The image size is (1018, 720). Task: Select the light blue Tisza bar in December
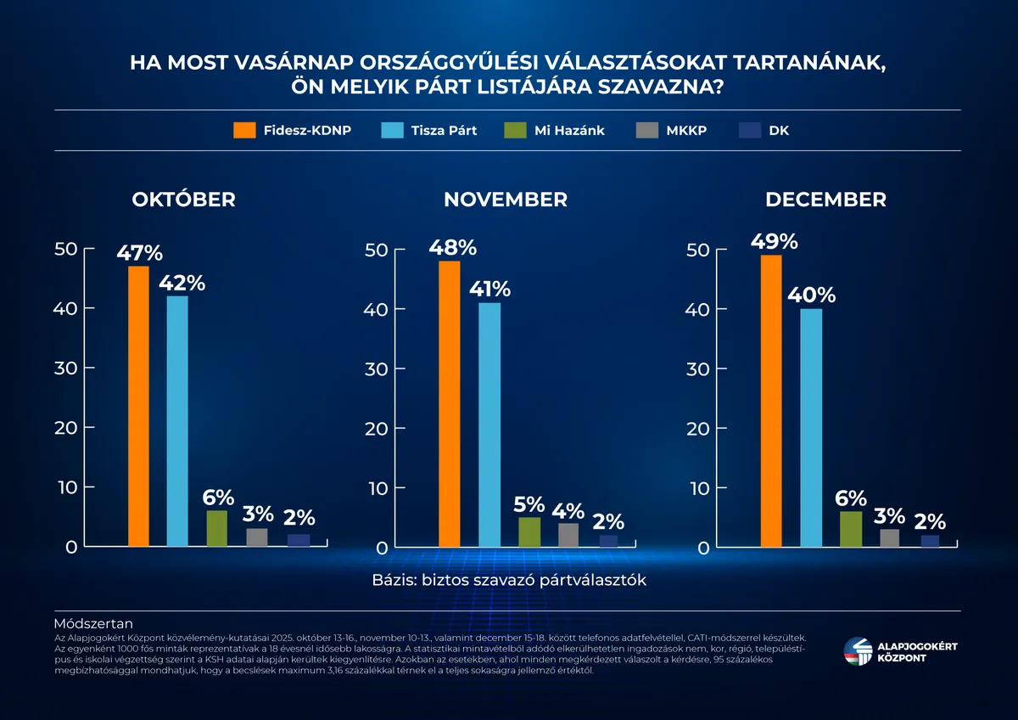click(x=811, y=428)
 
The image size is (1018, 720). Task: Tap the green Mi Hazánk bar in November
click(x=529, y=532)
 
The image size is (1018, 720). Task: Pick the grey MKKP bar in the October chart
click(x=257, y=537)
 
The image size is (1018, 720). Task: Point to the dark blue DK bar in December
click(x=930, y=541)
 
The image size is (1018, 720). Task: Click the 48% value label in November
click(x=452, y=247)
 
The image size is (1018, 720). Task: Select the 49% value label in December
click(x=774, y=241)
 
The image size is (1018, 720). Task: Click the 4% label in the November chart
click(x=568, y=510)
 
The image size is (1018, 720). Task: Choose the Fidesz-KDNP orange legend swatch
click(x=244, y=130)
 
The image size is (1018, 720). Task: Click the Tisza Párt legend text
click(x=444, y=130)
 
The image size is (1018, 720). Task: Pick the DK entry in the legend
click(x=778, y=130)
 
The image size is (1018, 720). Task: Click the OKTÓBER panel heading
click(x=183, y=200)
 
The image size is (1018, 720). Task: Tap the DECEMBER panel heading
click(x=825, y=200)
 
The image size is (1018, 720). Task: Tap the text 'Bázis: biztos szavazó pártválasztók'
click(x=509, y=580)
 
